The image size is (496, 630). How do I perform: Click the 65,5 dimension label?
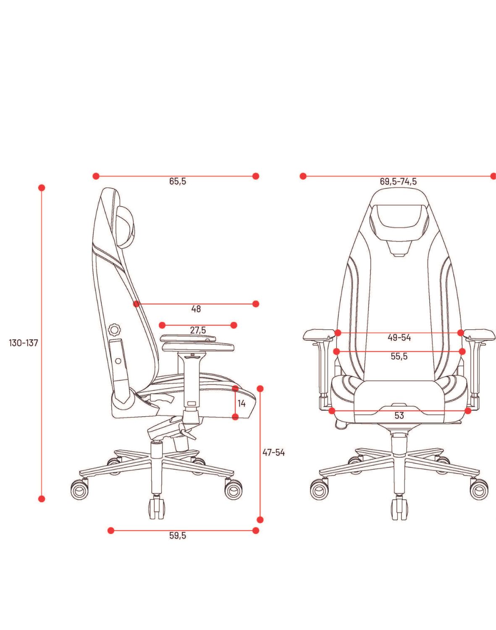coord(177,181)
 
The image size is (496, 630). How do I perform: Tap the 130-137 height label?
coord(24,343)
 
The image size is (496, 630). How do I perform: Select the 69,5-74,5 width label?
coord(398,181)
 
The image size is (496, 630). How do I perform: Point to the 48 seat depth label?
coord(196,309)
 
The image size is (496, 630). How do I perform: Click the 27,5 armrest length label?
coord(198,330)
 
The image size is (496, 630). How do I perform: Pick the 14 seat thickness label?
coord(241,404)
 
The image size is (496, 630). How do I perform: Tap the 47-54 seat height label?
coord(273,453)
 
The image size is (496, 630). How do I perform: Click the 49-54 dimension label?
coord(399,338)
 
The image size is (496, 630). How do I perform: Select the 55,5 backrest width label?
coord(399,356)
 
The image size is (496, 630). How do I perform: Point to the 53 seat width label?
coord(399,415)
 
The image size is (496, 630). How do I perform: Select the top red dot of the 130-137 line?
coord(42,188)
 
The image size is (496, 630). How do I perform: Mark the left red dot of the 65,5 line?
coord(96,176)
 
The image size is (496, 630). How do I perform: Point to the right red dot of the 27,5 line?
coord(234,325)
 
